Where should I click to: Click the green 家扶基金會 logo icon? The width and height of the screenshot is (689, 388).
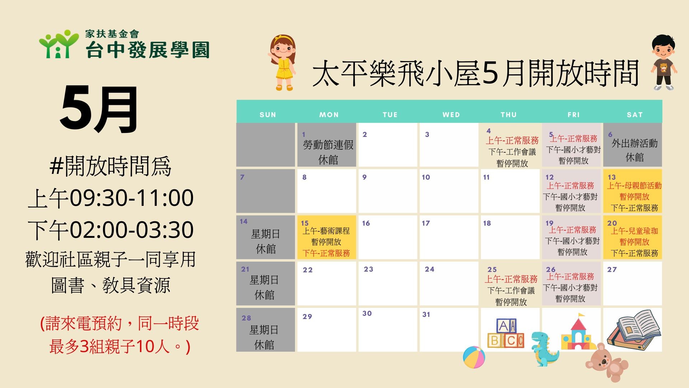tap(58, 43)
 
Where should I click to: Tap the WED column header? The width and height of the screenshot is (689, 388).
tap(451, 115)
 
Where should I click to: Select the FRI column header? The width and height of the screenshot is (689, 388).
tap(573, 115)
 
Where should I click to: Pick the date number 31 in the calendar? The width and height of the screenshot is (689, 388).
tap(426, 314)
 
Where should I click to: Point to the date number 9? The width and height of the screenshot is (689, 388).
tap(364, 177)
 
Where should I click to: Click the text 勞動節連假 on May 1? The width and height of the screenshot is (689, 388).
tap(328, 145)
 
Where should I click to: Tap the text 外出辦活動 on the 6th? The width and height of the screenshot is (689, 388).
tap(634, 143)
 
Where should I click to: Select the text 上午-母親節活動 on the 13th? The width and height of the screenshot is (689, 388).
tap(634, 186)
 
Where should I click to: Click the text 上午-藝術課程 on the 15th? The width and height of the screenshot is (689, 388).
tap(326, 231)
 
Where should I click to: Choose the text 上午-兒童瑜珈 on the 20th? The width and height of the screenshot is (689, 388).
tap(634, 231)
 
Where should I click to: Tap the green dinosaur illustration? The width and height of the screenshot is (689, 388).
tap(544, 349)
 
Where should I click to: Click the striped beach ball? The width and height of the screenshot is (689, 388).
tap(474, 357)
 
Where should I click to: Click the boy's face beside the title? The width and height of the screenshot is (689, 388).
tap(663, 50)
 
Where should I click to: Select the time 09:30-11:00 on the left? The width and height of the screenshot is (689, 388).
tap(131, 198)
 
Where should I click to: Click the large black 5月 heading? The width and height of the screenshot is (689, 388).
tap(99, 110)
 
